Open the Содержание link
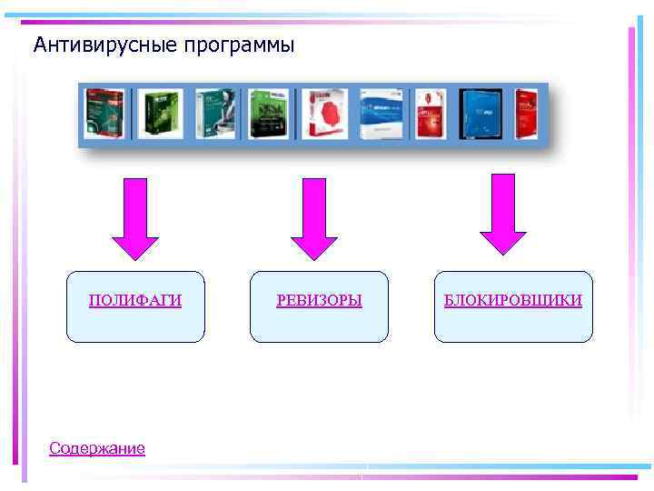(97, 448)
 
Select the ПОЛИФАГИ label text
(135, 300)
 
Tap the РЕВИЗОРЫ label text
(319, 300)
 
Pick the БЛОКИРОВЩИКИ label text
(513, 300)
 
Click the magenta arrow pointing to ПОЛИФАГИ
(135, 218)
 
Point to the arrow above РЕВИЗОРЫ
(314, 218)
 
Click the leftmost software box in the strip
(105, 114)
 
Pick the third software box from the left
(214, 114)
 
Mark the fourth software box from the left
(269, 114)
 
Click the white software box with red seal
(324, 114)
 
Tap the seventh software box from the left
(429, 114)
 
